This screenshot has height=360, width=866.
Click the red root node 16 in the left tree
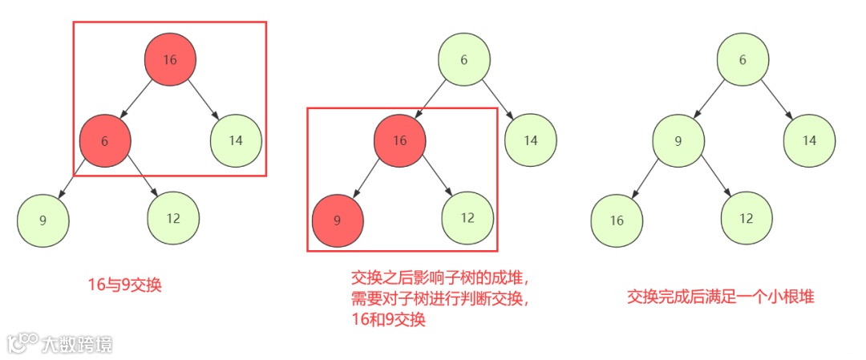pyautogui.click(x=170, y=61)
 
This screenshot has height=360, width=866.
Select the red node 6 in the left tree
pyautogui.click(x=105, y=140)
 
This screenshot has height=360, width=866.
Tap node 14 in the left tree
pyautogui.click(x=236, y=140)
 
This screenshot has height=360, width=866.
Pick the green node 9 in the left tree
pyautogui.click(x=42, y=219)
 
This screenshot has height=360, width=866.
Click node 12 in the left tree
pyautogui.click(x=173, y=219)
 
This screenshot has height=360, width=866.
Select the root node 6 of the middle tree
pyautogui.click(x=464, y=61)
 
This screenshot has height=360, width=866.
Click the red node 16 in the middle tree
pyautogui.click(x=399, y=140)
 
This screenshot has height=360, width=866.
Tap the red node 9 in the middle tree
pyautogui.click(x=337, y=219)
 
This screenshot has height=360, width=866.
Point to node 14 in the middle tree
pyautogui.click(x=531, y=140)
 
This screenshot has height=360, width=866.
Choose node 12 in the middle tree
pyautogui.click(x=467, y=218)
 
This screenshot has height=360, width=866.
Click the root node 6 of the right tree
pyautogui.click(x=743, y=61)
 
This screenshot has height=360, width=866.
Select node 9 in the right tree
pyautogui.click(x=678, y=140)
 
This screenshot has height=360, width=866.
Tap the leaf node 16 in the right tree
pyautogui.click(x=617, y=219)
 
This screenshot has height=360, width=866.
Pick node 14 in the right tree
pyautogui.click(x=809, y=140)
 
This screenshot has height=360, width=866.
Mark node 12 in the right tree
pyautogui.click(x=747, y=218)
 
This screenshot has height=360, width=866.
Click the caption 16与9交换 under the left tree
pyautogui.click(x=124, y=285)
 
